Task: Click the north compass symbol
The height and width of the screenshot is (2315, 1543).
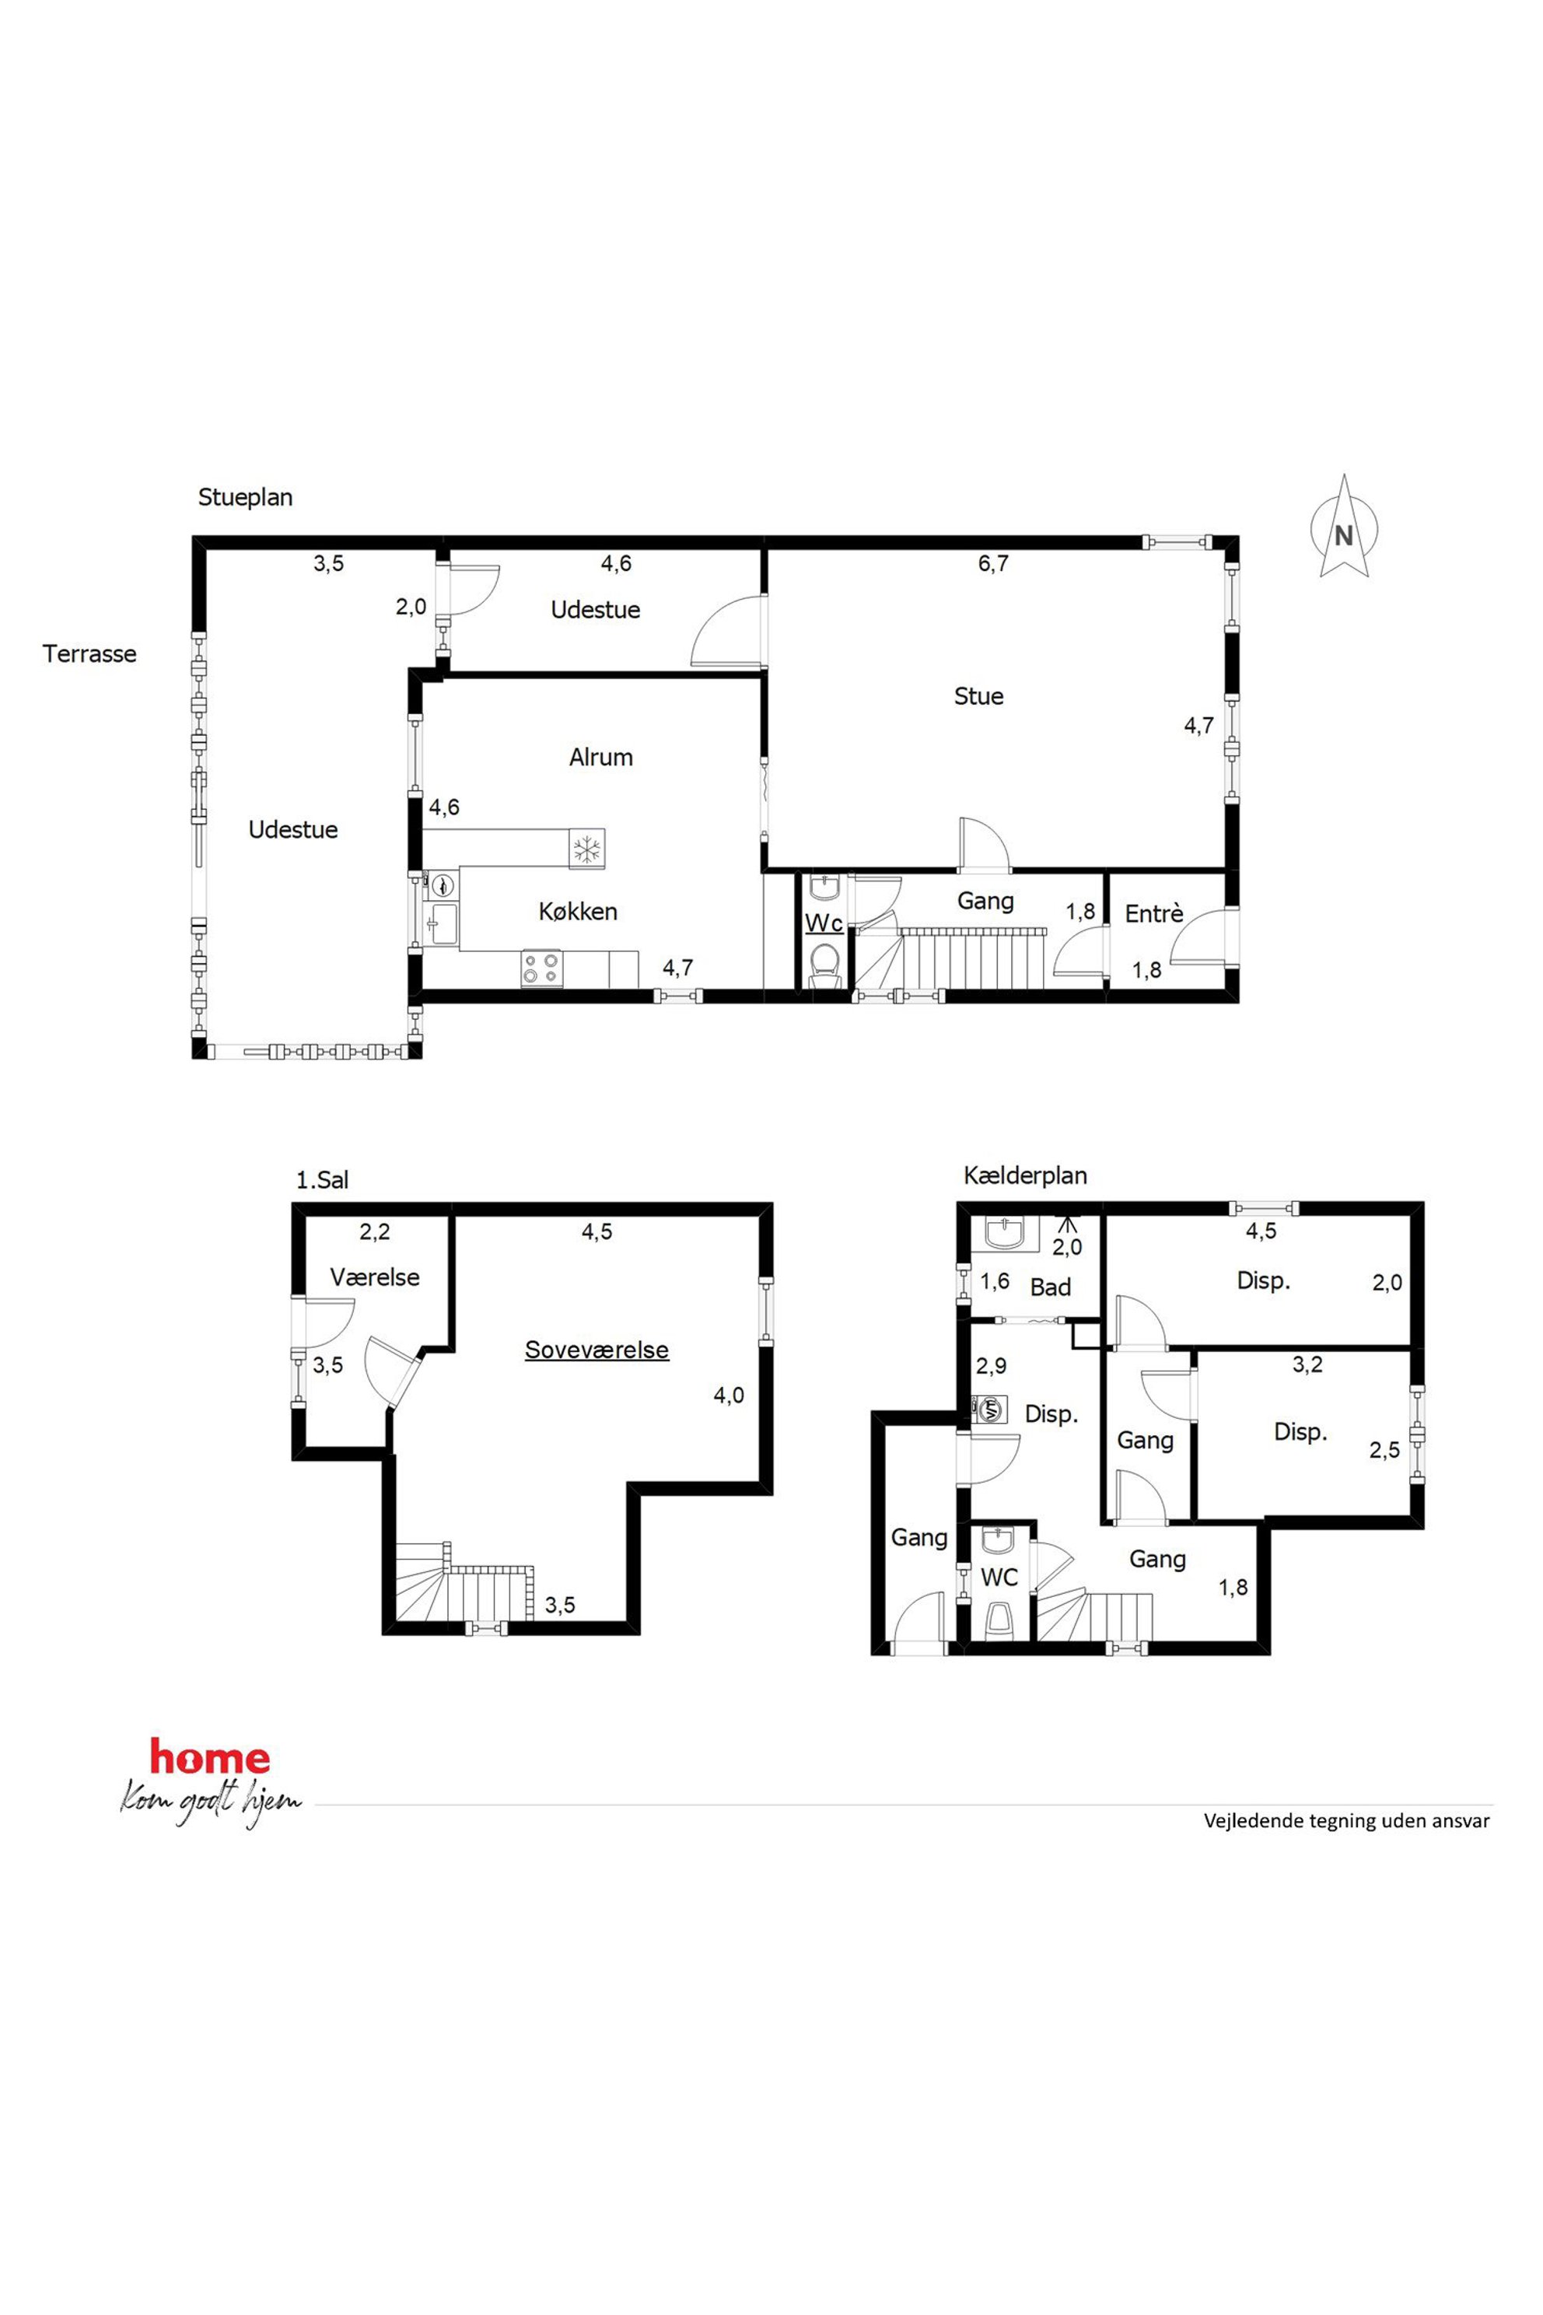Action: click(1343, 527)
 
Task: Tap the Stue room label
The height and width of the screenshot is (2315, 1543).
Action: click(978, 696)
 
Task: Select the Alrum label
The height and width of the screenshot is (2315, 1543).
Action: click(600, 757)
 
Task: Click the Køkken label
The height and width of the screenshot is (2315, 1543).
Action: click(578, 912)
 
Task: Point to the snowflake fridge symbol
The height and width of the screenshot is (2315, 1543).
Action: click(587, 849)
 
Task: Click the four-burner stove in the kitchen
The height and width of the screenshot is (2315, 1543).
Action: click(541, 968)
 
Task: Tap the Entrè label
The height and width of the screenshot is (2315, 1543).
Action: click(1153, 913)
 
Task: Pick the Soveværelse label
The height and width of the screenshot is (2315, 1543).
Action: click(597, 1350)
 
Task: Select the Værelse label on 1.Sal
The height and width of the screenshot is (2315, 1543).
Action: click(374, 1277)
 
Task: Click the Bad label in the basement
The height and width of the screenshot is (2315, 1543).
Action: click(1050, 1287)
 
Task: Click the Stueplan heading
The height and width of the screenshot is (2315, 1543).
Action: click(245, 497)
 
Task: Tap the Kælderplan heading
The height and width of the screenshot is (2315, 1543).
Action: click(1024, 1175)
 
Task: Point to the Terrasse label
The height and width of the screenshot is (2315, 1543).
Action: click(89, 653)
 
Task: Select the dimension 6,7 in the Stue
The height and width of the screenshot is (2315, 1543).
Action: click(993, 564)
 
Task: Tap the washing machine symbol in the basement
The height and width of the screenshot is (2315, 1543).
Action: click(990, 1410)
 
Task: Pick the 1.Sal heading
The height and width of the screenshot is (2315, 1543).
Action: click(322, 1179)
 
